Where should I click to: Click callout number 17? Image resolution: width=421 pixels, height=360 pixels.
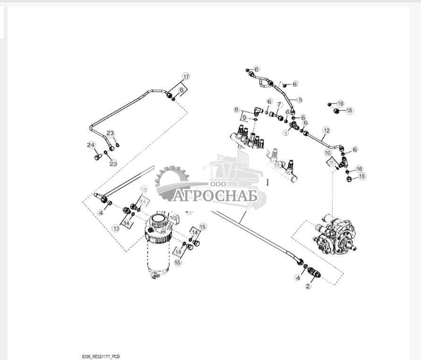186,77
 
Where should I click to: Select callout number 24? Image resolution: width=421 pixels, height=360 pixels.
91,145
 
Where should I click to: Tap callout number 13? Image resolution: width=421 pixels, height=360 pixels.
116,228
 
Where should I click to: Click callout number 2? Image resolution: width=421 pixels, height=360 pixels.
308,286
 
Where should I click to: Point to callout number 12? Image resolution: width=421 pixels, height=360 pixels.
326,130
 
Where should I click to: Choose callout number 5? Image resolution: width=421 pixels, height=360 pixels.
300,100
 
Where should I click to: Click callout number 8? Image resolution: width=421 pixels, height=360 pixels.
237,110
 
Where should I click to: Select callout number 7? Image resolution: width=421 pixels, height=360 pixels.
279,105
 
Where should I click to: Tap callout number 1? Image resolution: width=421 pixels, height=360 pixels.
285,133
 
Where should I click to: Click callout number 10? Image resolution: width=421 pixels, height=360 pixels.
327,153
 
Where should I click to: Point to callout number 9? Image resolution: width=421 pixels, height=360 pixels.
244,117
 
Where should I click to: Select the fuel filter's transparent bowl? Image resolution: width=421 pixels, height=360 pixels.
157,260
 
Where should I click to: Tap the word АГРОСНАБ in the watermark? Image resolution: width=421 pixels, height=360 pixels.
215,195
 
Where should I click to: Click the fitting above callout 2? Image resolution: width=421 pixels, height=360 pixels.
314,272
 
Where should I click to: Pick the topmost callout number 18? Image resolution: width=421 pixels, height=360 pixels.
349,111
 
